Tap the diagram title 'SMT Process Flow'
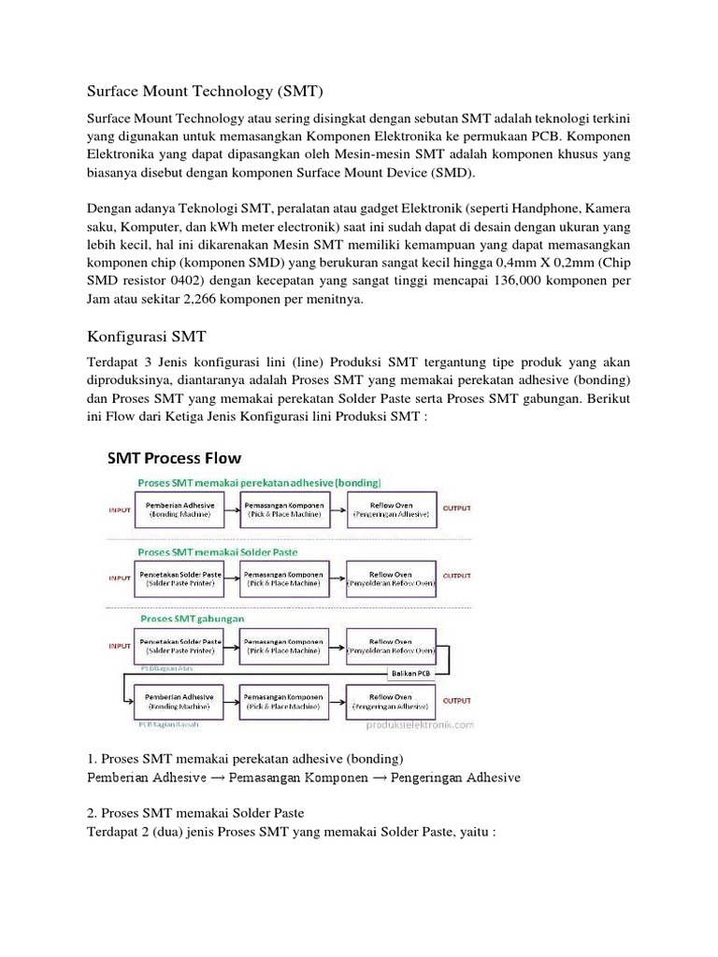(174, 458)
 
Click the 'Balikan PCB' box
(411, 674)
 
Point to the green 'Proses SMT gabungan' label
(192, 619)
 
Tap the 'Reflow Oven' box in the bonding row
(390, 509)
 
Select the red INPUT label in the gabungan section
(119, 644)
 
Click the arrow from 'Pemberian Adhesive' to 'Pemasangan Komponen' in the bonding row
(231, 509)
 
